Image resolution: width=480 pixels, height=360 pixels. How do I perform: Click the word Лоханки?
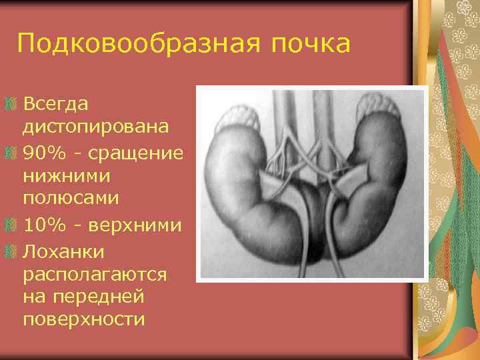[x=61, y=251]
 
